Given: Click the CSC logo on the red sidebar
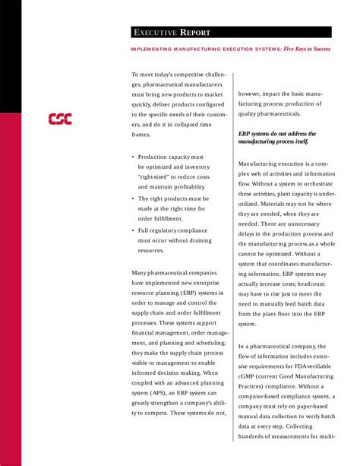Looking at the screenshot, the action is pos(60,119).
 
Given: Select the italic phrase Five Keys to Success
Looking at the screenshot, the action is pos(306,49).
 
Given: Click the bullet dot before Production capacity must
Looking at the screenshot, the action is pos(133,157).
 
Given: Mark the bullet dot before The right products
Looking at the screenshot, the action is pos(133,198).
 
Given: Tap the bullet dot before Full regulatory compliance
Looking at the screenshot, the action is pos(133,230).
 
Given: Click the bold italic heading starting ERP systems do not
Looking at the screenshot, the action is pos(278,138).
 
